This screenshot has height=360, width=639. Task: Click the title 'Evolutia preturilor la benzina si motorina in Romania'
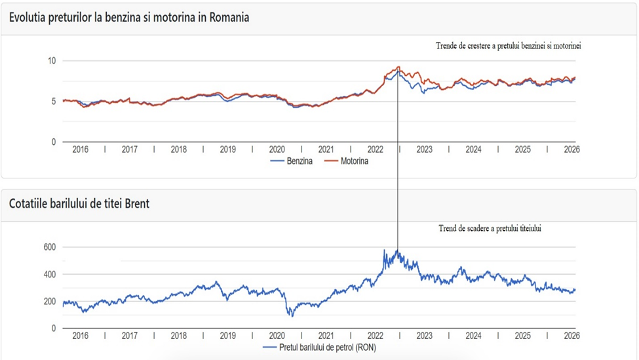coord(129,18)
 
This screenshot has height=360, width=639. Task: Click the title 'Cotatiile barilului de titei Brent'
coord(79,204)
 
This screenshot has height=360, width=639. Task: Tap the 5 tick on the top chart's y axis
coord(54,101)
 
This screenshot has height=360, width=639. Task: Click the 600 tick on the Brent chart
coord(50,247)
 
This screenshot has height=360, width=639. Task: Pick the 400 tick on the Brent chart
coord(50,274)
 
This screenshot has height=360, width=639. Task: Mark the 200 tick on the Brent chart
coord(50,301)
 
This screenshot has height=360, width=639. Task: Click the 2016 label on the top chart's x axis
coord(80,150)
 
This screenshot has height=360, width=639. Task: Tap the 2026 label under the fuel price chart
coord(571,150)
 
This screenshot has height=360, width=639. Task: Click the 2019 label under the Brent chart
coord(227,336)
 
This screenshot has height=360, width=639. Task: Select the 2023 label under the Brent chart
coord(424,336)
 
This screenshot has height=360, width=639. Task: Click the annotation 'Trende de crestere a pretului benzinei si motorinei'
coord(509,47)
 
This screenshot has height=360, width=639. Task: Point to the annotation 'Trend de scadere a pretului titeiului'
coord(490,229)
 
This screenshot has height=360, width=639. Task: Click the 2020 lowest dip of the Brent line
coord(292,315)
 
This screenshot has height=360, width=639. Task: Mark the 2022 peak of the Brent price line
coord(385,250)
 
